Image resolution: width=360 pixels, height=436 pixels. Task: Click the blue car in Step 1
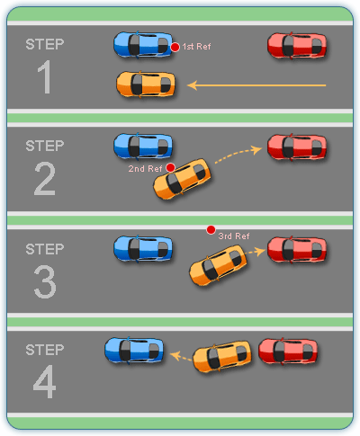pyautogui.click(x=143, y=44)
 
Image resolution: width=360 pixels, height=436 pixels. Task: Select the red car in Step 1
pyautogui.click(x=297, y=44)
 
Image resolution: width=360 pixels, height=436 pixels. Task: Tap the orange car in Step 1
pyautogui.click(x=145, y=85)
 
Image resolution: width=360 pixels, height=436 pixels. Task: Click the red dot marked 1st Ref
pyautogui.click(x=175, y=46)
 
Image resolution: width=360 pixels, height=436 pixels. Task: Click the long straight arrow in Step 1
pyautogui.click(x=256, y=85)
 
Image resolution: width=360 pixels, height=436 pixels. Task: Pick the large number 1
pyautogui.click(x=44, y=80)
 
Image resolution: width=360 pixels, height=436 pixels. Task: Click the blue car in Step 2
pyautogui.click(x=143, y=146)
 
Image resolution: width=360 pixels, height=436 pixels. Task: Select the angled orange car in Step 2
pyautogui.click(x=184, y=178)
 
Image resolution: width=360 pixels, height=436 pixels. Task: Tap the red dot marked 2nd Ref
pyautogui.click(x=170, y=167)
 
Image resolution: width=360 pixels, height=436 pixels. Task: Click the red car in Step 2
pyautogui.click(x=297, y=147)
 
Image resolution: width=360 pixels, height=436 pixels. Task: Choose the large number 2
pyautogui.click(x=44, y=181)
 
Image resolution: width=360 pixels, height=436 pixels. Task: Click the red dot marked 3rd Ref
pyautogui.click(x=211, y=230)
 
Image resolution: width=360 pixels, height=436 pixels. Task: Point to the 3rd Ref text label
pyautogui.click(x=234, y=236)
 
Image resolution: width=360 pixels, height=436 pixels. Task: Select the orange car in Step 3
pyautogui.click(x=218, y=267)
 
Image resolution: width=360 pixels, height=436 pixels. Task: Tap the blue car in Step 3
pyautogui.click(x=143, y=248)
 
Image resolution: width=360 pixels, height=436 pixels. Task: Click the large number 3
pyautogui.click(x=44, y=282)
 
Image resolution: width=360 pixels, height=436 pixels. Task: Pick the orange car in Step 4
pyautogui.click(x=221, y=357)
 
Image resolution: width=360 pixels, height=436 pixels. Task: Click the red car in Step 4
pyautogui.click(x=287, y=351)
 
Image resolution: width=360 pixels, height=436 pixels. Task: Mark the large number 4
pyautogui.click(x=44, y=383)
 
